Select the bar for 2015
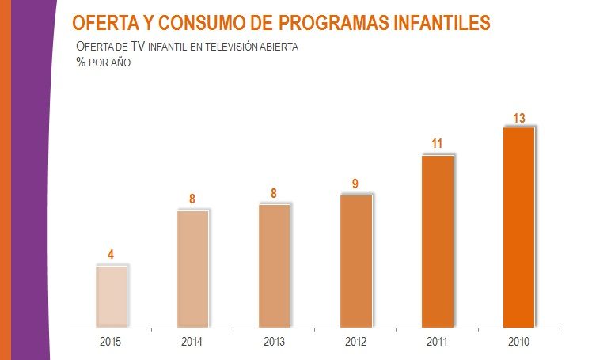[112, 296]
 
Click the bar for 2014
[193, 268]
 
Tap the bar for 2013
[275, 265]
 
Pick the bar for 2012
[355, 260]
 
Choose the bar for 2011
[438, 241]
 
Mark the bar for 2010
[519, 226]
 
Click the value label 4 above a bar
[112, 255]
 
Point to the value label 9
[355, 184]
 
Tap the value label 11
[437, 144]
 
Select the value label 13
[519, 119]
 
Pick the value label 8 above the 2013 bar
[274, 193]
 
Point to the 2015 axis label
[111, 342]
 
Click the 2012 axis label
[355, 342]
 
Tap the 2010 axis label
[519, 342]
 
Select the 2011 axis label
[438, 342]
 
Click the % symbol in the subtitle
[80, 63]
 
